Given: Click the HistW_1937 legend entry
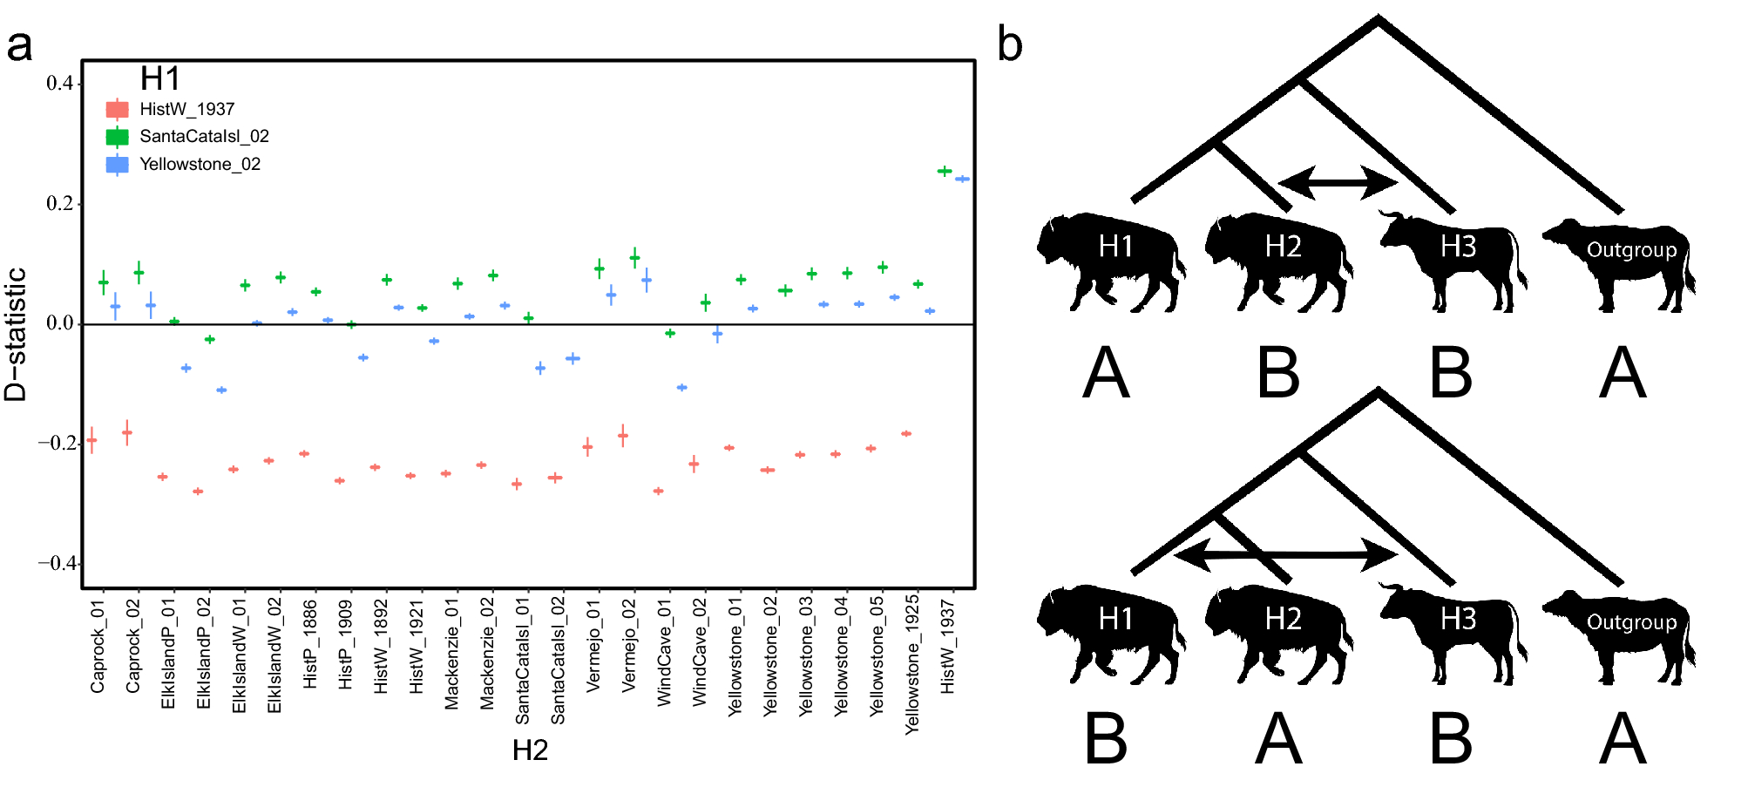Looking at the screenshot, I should [186, 109].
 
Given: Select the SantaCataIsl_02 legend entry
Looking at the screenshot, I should [204, 136].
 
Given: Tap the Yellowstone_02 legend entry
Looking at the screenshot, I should [200, 164].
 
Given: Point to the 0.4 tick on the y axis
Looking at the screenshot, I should [60, 84].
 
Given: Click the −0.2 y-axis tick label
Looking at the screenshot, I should [57, 443].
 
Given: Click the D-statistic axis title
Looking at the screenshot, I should [16, 334].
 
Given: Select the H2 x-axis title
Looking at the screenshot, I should [530, 750].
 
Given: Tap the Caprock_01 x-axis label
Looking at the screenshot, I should [98, 646].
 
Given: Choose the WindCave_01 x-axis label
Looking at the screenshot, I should [665, 652].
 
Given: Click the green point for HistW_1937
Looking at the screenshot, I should [945, 171].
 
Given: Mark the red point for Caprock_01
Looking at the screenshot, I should [91, 440].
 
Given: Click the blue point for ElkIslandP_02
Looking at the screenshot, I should [221, 390].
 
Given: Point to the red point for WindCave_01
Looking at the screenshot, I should [658, 491].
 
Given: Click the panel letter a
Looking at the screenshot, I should [19, 45].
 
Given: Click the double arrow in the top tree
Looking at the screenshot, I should [1338, 182].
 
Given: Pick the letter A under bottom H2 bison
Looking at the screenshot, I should [1278, 738].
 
